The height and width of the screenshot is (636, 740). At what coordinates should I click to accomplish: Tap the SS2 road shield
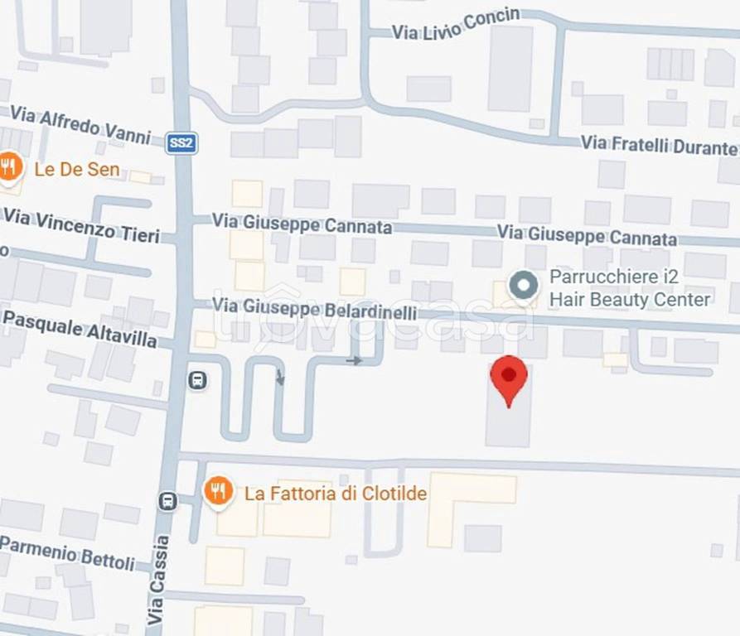181,143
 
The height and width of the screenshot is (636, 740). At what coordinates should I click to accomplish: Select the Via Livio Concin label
455,24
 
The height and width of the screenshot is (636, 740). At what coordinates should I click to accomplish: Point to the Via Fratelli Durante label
659,146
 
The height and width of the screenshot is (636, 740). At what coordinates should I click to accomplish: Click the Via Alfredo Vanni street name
80,124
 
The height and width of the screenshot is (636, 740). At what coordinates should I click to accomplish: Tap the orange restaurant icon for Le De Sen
9,168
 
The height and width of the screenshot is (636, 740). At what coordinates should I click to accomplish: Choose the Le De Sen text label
76,170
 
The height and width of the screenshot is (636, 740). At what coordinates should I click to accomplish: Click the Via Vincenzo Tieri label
81,225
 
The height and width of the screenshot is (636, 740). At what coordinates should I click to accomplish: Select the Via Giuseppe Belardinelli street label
314,308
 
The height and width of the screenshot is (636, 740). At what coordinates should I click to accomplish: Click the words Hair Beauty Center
630,300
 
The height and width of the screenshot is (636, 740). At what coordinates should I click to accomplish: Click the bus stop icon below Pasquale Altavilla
197,380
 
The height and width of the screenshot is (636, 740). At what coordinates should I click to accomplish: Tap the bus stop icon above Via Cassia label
168,501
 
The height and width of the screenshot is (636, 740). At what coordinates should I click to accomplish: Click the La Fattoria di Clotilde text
336,494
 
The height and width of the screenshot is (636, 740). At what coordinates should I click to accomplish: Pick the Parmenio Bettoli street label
67,552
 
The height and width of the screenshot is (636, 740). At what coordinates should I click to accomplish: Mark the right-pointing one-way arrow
355,360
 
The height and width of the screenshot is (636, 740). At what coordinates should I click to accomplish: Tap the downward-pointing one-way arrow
280,378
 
